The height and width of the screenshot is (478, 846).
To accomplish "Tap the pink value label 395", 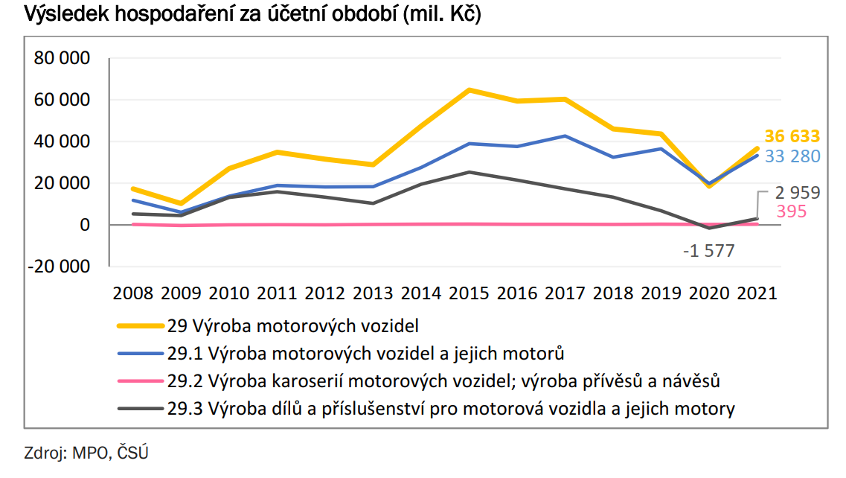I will click(791, 212).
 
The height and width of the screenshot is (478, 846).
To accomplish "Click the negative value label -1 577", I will click(708, 251).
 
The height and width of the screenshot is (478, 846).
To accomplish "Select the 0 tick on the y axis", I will click(84, 225).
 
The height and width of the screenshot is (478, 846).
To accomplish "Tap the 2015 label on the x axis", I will click(470, 293).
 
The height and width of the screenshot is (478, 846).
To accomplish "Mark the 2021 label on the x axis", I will click(757, 293).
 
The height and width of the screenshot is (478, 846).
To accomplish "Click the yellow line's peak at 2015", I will click(470, 90).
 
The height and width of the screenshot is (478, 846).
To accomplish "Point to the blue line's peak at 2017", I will click(565, 136).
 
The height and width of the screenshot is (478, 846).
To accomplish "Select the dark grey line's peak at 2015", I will click(470, 172).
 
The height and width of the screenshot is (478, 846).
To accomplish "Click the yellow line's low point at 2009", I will click(181, 203).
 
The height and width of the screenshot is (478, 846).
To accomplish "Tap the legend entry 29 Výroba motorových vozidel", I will click(305, 325).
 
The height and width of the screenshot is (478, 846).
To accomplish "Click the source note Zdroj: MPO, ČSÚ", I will click(81, 452).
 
